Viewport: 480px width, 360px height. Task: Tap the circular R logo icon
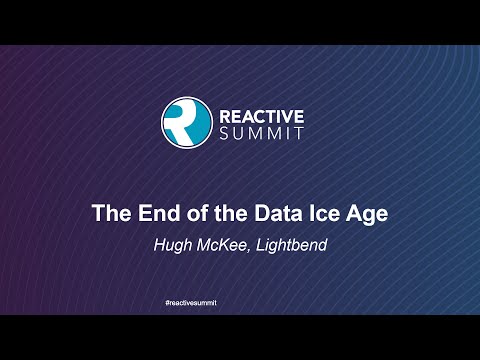tap(184, 117)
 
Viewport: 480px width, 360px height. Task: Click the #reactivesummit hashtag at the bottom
tap(240, 301)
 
